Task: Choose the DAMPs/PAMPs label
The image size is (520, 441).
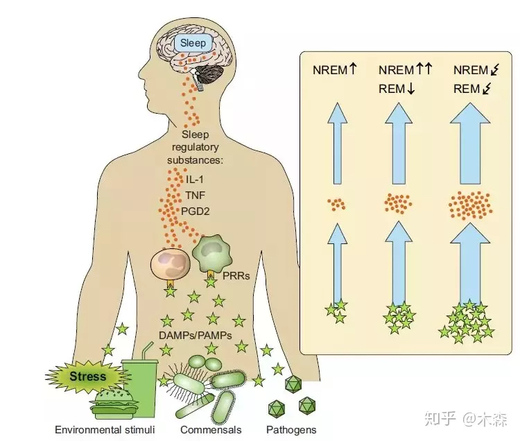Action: (x=196, y=335)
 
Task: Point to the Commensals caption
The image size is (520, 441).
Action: (x=211, y=430)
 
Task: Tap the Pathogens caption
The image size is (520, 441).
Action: (x=291, y=430)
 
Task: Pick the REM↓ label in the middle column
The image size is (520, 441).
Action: (x=396, y=89)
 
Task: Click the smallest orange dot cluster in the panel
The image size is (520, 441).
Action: (x=337, y=204)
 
